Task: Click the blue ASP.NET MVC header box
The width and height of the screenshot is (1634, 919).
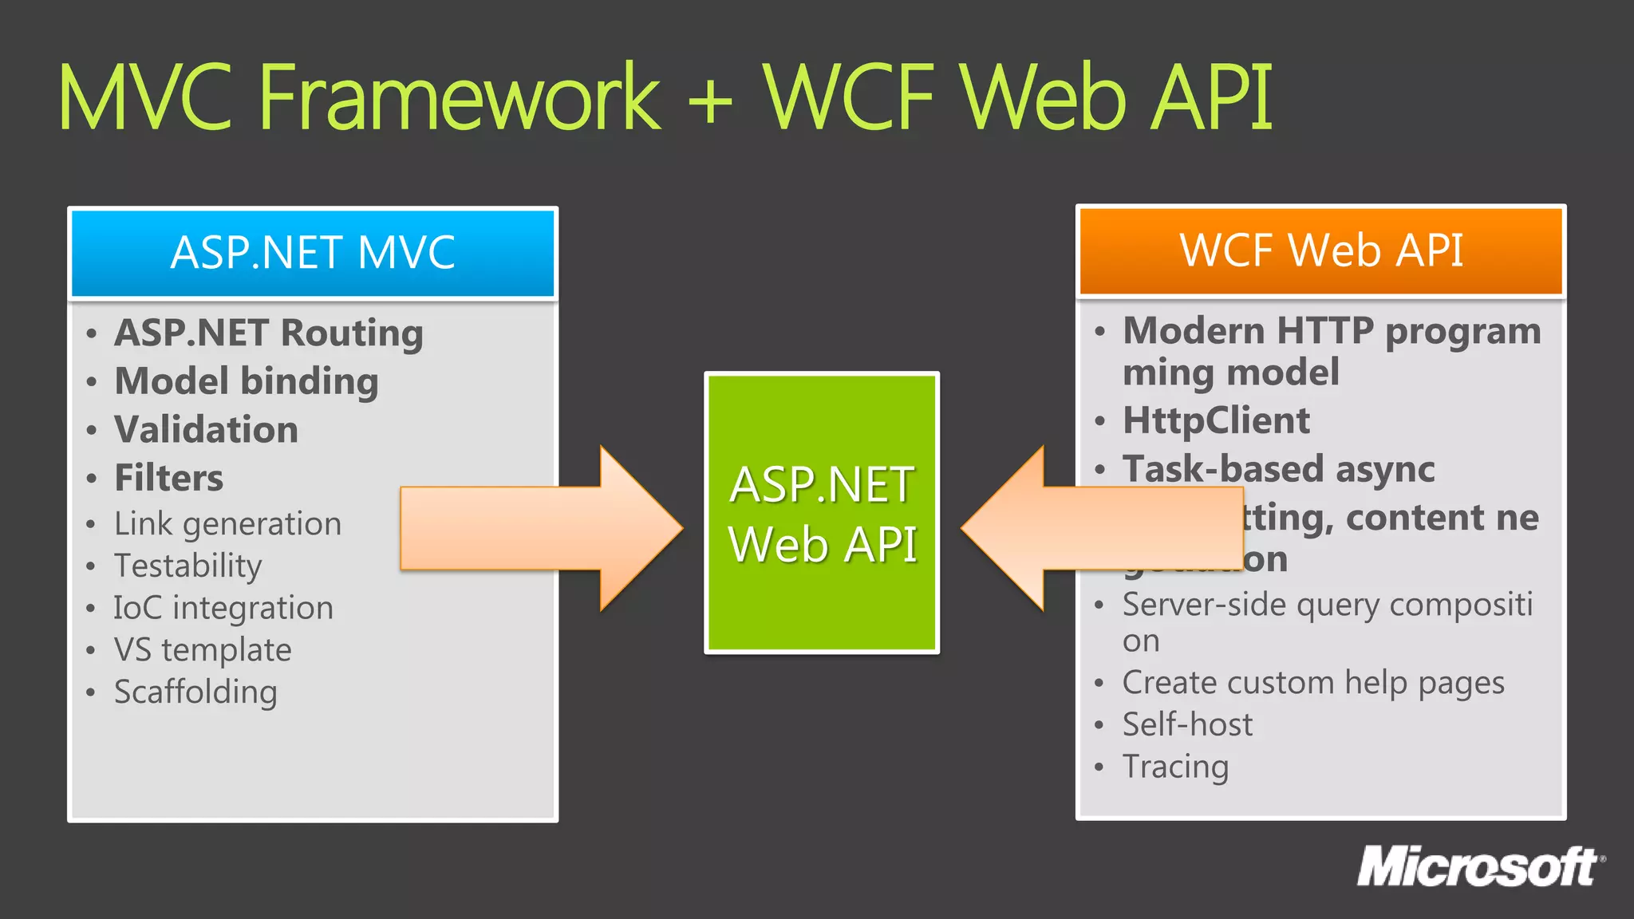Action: click(x=313, y=253)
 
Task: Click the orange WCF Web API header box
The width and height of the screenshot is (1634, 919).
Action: click(x=1320, y=250)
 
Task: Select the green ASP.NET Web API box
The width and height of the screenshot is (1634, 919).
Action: click(x=822, y=513)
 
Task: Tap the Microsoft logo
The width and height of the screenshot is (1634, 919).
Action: click(x=1480, y=867)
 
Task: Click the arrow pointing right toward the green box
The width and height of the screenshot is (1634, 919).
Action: click(x=543, y=528)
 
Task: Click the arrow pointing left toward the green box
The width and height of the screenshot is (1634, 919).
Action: click(x=1101, y=528)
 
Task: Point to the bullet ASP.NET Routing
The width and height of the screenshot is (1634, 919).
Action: click(x=269, y=333)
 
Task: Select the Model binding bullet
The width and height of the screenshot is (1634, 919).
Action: click(x=247, y=381)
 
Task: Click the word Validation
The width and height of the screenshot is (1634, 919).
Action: click(x=207, y=430)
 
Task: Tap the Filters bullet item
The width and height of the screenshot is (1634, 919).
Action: click(x=168, y=478)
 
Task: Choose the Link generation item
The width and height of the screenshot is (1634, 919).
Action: click(x=227, y=524)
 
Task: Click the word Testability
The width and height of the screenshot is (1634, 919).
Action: click(x=187, y=566)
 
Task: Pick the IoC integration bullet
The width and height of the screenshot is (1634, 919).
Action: click(x=223, y=608)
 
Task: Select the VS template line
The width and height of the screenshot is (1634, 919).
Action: click(x=203, y=650)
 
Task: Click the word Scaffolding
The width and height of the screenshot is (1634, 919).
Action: click(x=195, y=692)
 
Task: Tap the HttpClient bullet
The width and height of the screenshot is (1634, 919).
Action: click(x=1216, y=420)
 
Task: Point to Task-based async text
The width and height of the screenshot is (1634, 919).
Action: click(x=1278, y=469)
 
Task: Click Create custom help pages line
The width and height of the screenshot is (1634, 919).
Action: click(x=1313, y=683)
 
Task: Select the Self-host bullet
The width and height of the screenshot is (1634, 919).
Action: click(x=1187, y=724)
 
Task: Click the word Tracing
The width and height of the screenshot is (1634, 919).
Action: click(x=1175, y=767)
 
